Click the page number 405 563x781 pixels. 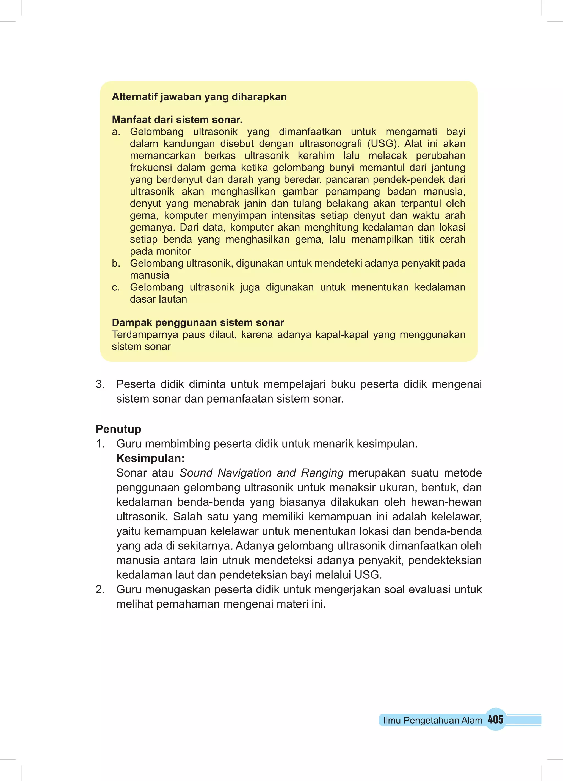tap(495, 719)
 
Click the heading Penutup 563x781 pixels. tap(118, 429)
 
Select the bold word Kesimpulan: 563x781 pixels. tap(150, 458)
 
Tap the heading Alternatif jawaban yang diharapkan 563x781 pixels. tap(199, 97)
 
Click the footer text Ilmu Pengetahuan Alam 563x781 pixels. tap(433, 720)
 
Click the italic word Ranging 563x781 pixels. tap(322, 473)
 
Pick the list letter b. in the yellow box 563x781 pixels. tap(116, 264)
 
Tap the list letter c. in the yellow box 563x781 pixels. tap(116, 287)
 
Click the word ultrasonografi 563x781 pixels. tap(330, 144)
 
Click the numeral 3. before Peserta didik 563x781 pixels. tap(100, 384)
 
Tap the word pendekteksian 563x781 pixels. tap(445, 560)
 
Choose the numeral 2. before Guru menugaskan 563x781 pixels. tap(100, 589)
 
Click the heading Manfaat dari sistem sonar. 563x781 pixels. tap(177, 120)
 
